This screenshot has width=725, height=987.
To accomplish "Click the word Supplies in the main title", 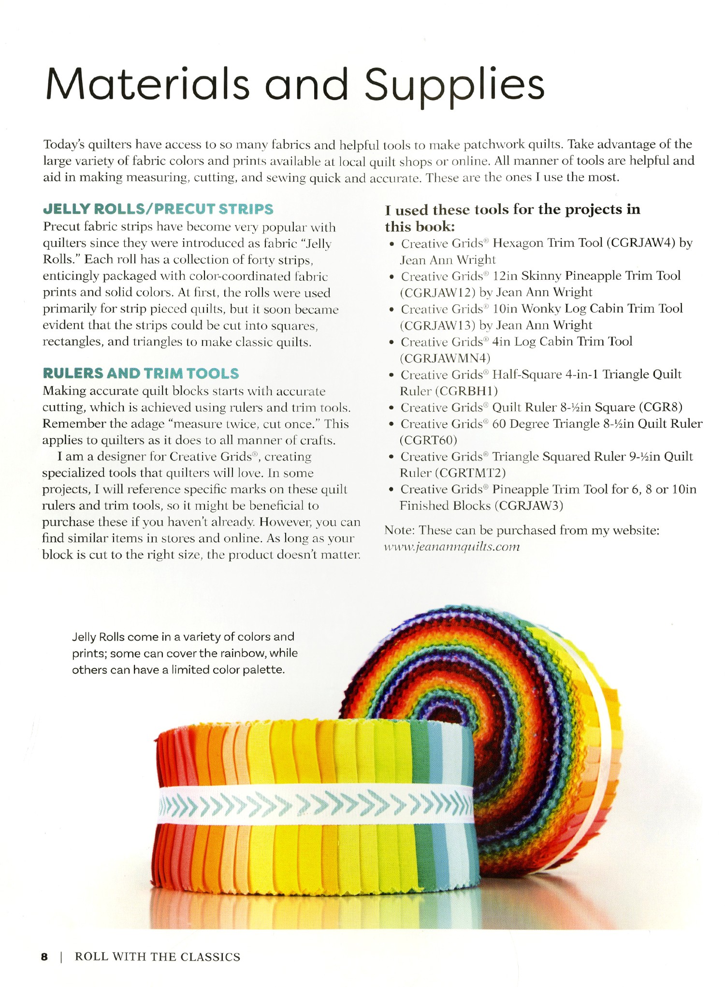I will [x=454, y=85].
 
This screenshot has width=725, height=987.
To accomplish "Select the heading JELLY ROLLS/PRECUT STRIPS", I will [x=158, y=209].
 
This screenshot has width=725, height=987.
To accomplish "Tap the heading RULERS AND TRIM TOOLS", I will [x=141, y=373].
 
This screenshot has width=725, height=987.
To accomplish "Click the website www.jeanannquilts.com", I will [x=452, y=547].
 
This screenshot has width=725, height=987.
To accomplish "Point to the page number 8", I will [x=44, y=957].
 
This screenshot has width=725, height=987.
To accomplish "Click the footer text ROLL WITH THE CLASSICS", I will [x=158, y=957].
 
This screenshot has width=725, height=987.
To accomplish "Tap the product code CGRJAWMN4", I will [x=445, y=358].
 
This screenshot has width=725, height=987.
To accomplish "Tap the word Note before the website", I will [x=399, y=530].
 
